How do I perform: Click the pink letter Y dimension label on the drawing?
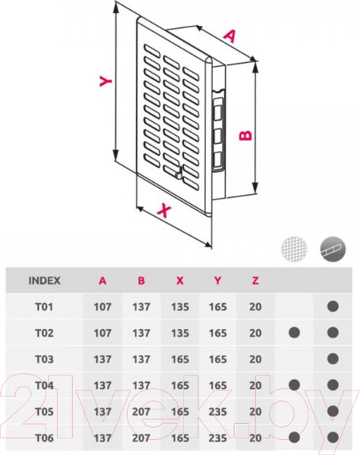pyautogui.click(x=105, y=81)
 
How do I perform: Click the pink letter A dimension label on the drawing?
pyautogui.click(x=230, y=36)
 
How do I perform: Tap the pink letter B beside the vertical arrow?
pyautogui.click(x=246, y=135)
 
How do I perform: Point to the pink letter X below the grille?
pyautogui.click(x=164, y=210)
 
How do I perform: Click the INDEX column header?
pyautogui.click(x=45, y=281)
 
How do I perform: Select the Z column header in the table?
pyautogui.click(x=255, y=281)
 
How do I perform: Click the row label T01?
pyautogui.click(x=44, y=306)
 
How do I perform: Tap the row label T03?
pyautogui.click(x=44, y=359)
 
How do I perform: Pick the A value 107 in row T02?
pyautogui.click(x=102, y=333)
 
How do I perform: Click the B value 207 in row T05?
pyautogui.click(x=141, y=412)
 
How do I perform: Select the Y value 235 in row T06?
pyautogui.click(x=218, y=438)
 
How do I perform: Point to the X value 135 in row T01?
pyautogui.click(x=180, y=306)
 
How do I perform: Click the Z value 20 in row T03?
pyautogui.click(x=255, y=359)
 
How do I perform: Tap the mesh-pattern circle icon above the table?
pyautogui.click(x=294, y=249)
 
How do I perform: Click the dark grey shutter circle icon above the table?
pyautogui.click(x=333, y=249)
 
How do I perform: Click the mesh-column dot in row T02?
pyautogui.click(x=294, y=333)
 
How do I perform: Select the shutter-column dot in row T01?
pyautogui.click(x=333, y=306)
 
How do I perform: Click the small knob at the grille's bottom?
pyautogui.click(x=179, y=174)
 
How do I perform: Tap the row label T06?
pyautogui.click(x=44, y=438)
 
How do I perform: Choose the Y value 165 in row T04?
pyautogui.click(x=218, y=385)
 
